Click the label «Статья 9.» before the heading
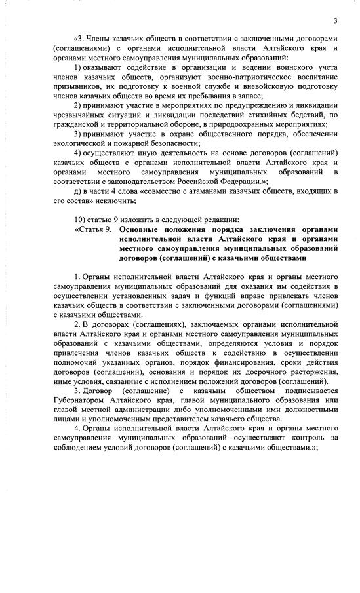(x=94, y=230)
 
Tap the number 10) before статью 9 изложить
(x=77, y=219)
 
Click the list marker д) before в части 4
(x=77, y=191)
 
